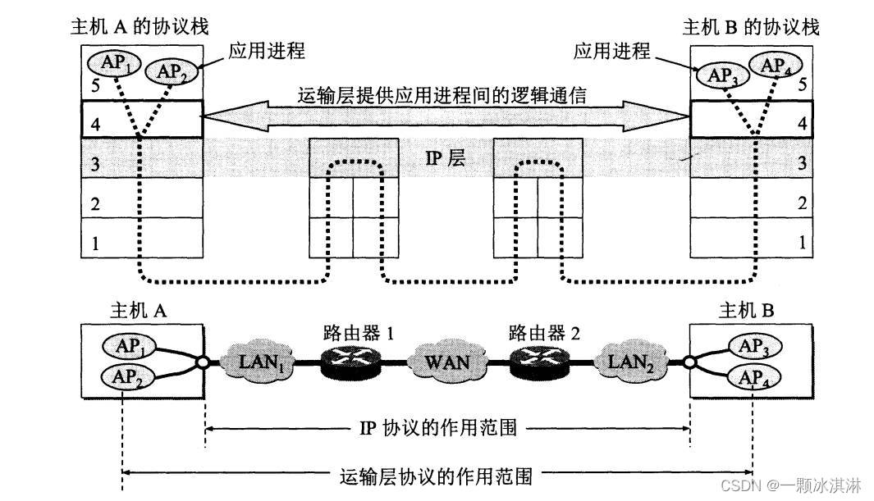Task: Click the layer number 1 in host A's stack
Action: coord(95,243)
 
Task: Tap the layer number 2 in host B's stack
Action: coord(803,204)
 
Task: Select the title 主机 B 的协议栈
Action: coord(751,27)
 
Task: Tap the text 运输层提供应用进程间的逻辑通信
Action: coord(442,96)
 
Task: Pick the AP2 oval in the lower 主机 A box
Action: coord(121,377)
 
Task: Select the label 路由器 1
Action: coord(358,333)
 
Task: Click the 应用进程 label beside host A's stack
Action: coord(267,51)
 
